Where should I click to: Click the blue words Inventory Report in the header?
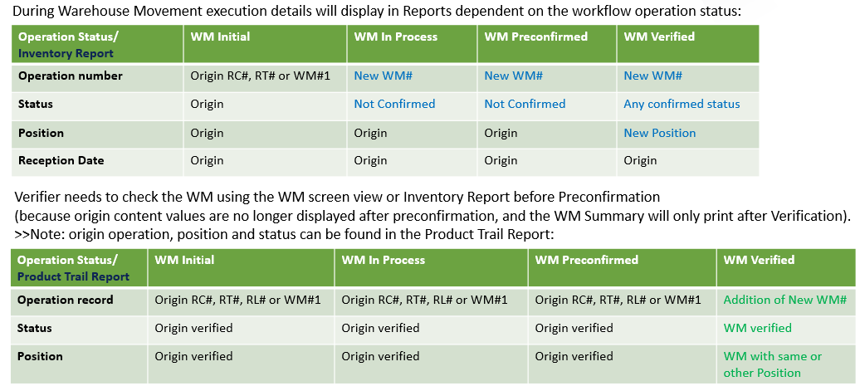click(66, 53)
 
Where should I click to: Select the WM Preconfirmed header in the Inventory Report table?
click(536, 37)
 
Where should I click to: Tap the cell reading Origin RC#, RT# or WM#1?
click(261, 76)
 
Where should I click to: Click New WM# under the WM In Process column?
click(384, 76)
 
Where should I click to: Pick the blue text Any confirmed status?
click(682, 104)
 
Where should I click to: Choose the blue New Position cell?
click(660, 133)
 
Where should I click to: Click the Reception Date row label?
click(61, 161)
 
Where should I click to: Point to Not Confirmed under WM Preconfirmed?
click(525, 104)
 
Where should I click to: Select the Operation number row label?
click(71, 76)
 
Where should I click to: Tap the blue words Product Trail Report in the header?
click(74, 277)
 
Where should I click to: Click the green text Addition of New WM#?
click(785, 300)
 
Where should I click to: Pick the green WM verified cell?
click(757, 328)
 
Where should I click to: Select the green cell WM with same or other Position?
click(773, 364)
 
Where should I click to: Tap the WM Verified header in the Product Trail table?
click(759, 260)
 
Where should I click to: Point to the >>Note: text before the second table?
click(34, 234)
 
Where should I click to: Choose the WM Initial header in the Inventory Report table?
click(220, 37)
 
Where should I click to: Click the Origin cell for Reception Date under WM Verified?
click(640, 161)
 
